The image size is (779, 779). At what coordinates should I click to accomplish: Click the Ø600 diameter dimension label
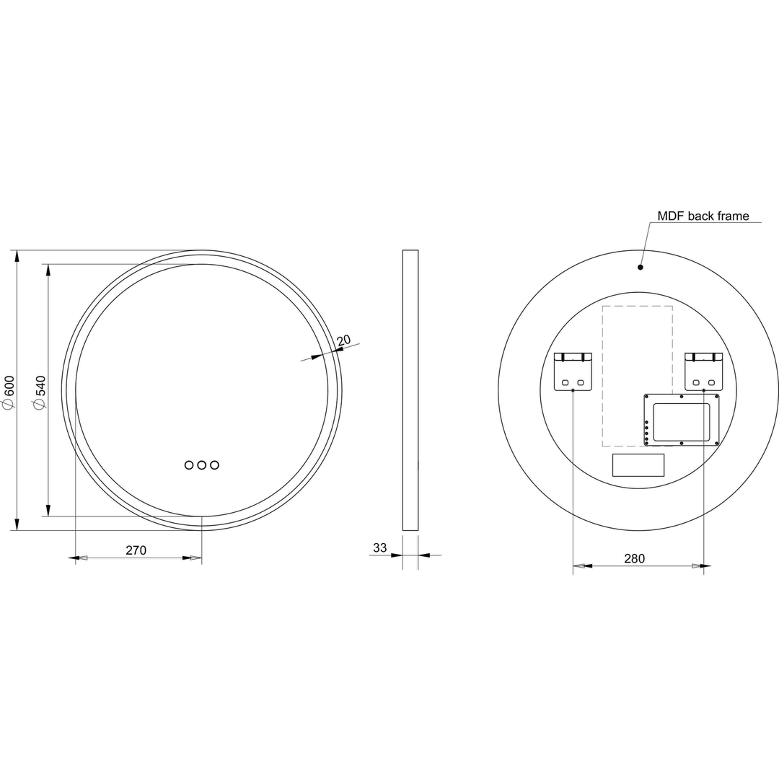pyautogui.click(x=9, y=392)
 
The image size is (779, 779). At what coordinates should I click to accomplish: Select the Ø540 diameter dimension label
pyautogui.click(x=40, y=392)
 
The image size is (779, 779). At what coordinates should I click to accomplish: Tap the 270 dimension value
pyautogui.click(x=136, y=550)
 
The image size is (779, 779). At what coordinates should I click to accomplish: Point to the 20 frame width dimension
pyautogui.click(x=343, y=340)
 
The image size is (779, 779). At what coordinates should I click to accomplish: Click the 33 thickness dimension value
pyautogui.click(x=379, y=548)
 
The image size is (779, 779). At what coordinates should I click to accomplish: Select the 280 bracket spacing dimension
pyautogui.click(x=634, y=558)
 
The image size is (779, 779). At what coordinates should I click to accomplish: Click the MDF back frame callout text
pyautogui.click(x=703, y=216)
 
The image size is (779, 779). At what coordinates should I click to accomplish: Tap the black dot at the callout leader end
pyautogui.click(x=641, y=267)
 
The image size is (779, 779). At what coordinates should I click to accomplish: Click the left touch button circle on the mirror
pyautogui.click(x=189, y=465)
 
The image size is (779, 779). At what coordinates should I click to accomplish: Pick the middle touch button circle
pyautogui.click(x=202, y=465)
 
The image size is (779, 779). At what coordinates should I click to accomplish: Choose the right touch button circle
pyautogui.click(x=214, y=465)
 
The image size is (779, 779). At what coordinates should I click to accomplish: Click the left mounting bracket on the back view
pyautogui.click(x=573, y=371)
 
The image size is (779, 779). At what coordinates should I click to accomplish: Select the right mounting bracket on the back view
pyautogui.click(x=703, y=371)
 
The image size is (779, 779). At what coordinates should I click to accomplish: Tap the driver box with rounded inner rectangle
pyautogui.click(x=681, y=420)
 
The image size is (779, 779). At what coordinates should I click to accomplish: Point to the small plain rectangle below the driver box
pyautogui.click(x=638, y=465)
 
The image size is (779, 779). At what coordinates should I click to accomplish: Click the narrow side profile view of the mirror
pyautogui.click(x=410, y=390)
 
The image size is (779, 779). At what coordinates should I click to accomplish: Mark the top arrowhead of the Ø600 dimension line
pyautogui.click(x=17, y=257)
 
